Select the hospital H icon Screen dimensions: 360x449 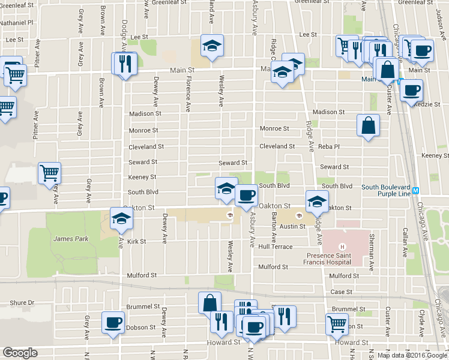click(x=342, y=247)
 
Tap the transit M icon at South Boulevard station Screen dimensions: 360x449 click(x=424, y=190)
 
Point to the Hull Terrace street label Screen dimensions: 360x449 click(x=275, y=247)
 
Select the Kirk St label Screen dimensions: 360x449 click(x=137, y=241)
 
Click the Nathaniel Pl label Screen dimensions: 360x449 click(x=17, y=22)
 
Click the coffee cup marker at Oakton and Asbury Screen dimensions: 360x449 click(x=246, y=194)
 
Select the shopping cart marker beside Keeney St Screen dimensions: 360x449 click(x=49, y=173)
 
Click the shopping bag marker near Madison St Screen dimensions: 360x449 click(x=368, y=125)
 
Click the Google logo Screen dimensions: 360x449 click(x=20, y=353)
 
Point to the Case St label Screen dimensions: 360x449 click(x=342, y=292)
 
